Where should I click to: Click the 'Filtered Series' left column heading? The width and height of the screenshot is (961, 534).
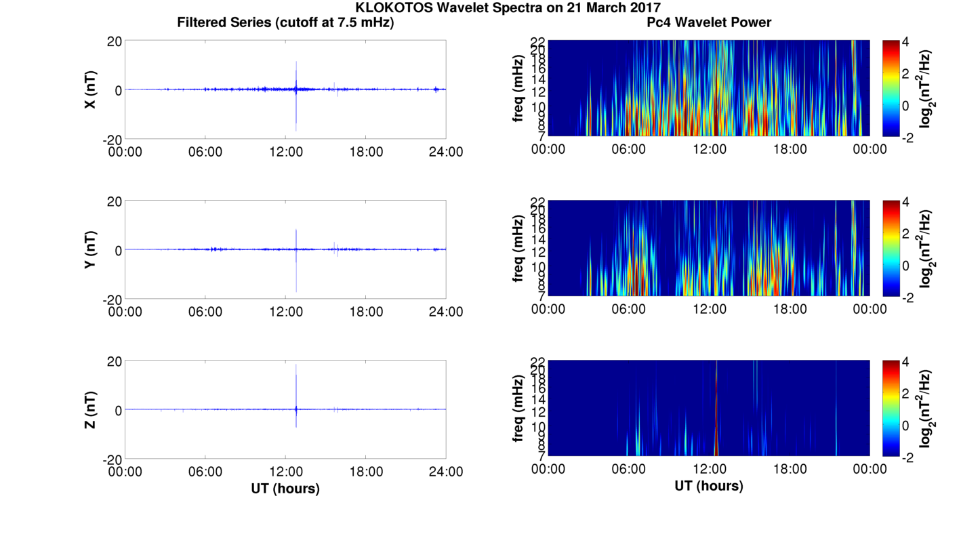point(285,22)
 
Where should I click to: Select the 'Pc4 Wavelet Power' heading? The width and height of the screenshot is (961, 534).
point(709,22)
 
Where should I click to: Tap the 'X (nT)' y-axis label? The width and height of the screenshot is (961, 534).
point(89,90)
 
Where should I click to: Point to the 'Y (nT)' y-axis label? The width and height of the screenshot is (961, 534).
point(89,250)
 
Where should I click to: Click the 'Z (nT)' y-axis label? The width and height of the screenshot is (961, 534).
point(89,410)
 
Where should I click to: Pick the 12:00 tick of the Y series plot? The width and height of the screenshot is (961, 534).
point(285,312)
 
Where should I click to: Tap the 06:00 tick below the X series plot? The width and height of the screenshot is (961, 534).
point(205,152)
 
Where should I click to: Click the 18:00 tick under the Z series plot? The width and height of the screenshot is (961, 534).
point(366,472)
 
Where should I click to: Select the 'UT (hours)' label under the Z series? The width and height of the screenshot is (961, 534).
point(285,488)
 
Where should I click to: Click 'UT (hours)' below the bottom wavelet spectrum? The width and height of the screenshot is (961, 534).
point(709,486)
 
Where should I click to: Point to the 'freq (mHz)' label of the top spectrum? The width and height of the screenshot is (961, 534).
point(518,89)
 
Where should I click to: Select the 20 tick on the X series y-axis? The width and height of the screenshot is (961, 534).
point(113,41)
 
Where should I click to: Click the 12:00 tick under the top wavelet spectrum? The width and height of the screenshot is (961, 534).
point(709,149)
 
